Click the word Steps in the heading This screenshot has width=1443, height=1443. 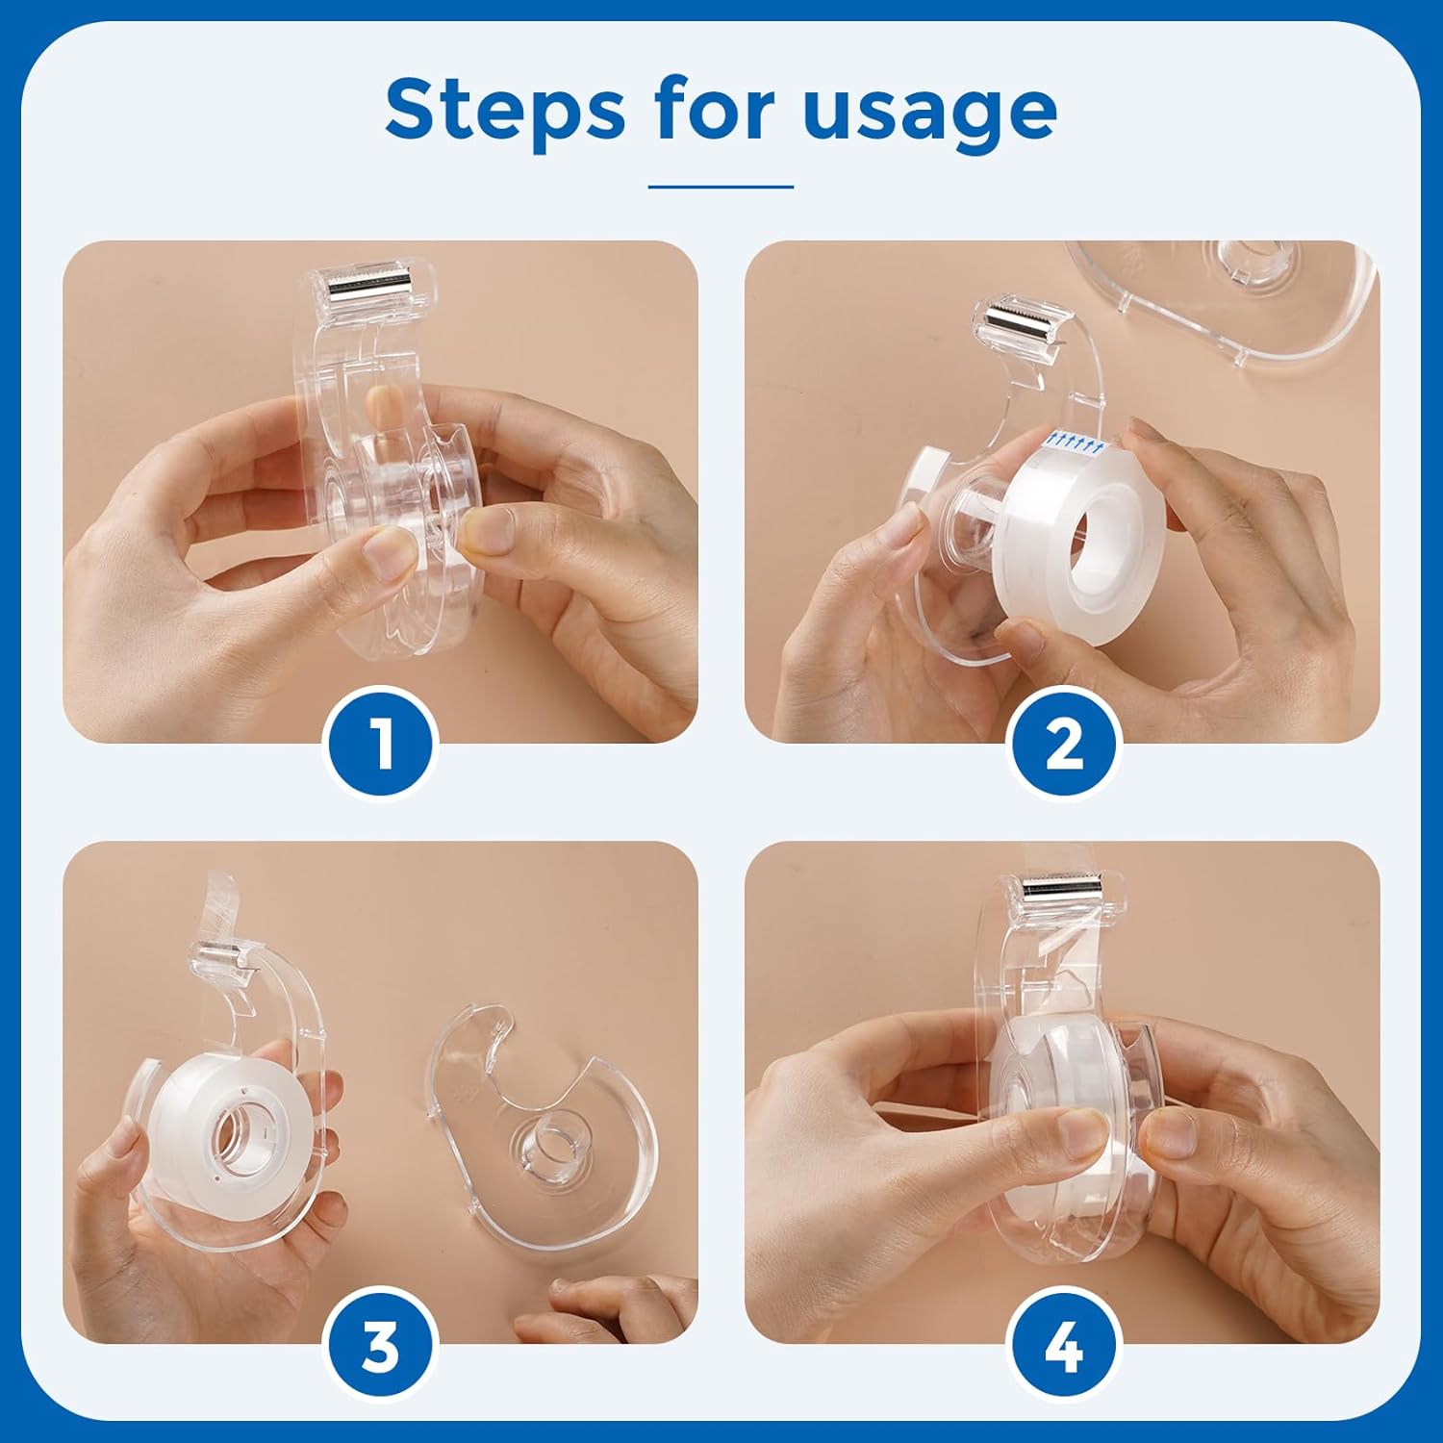tap(505, 110)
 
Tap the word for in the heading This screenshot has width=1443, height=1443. tap(715, 109)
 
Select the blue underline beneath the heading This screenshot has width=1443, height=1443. tap(721, 187)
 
